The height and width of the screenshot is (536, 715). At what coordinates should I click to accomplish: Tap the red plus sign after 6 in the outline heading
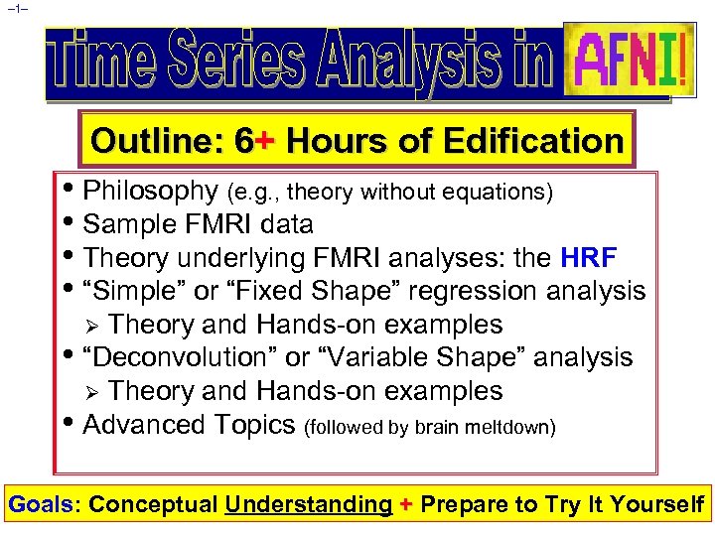(263, 141)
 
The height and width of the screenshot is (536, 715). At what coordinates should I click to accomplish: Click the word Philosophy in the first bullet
(151, 191)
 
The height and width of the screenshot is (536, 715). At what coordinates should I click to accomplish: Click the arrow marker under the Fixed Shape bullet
(92, 326)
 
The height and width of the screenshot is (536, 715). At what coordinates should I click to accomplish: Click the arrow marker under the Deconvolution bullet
(92, 392)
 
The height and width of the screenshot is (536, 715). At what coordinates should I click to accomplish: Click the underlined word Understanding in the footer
(308, 504)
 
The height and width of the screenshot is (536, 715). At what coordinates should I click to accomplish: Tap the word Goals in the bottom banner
(43, 504)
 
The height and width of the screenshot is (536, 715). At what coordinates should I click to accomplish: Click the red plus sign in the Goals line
(405, 504)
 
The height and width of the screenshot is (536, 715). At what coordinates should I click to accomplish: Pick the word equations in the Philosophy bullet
(503, 193)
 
